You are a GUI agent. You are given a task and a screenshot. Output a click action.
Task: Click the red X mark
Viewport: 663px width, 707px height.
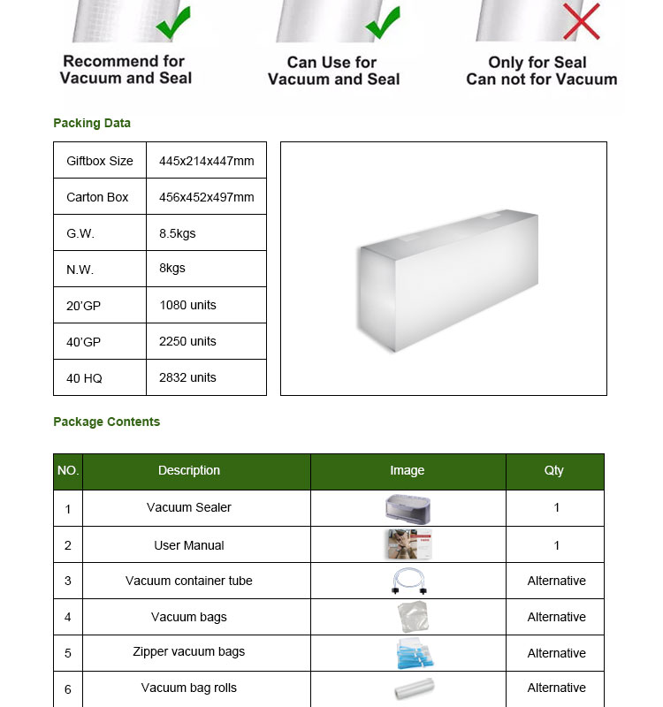coord(581,22)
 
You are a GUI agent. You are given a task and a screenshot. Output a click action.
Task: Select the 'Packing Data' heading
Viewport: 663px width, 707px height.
coord(92,123)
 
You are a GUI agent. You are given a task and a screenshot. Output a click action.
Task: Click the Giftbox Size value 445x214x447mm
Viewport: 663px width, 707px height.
coord(206,161)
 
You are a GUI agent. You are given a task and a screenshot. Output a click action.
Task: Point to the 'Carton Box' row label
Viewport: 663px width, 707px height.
coord(97,197)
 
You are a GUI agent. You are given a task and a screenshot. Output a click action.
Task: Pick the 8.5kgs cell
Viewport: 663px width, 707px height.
coord(179,233)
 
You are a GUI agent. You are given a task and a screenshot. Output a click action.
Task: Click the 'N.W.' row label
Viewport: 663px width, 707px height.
coord(80,270)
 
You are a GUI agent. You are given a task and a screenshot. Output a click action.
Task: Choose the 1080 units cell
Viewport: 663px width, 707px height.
coord(187,305)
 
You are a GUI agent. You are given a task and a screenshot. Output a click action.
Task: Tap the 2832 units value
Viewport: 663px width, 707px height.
coord(187,377)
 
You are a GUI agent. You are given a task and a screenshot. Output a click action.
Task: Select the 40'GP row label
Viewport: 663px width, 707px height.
coord(84,342)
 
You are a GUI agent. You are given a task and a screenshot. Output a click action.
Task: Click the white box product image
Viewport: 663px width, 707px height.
coord(447,277)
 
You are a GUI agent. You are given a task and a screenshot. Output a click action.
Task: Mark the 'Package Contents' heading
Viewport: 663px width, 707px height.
coord(106,422)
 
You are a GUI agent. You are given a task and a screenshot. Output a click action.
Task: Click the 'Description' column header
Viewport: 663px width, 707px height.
coord(189,470)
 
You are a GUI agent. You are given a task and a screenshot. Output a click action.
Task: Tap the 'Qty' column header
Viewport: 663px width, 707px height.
coord(554,470)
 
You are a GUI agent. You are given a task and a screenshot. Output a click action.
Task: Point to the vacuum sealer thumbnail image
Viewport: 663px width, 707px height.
coord(408,508)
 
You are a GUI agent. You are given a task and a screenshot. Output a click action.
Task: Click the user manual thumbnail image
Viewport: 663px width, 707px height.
coord(408,544)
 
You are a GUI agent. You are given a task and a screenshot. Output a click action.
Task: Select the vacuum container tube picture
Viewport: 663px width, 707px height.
coord(408,581)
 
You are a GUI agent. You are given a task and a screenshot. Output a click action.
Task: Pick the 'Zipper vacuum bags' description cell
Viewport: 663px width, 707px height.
coord(189,651)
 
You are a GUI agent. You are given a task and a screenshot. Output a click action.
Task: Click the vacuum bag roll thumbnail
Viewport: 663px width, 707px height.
coord(413,689)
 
